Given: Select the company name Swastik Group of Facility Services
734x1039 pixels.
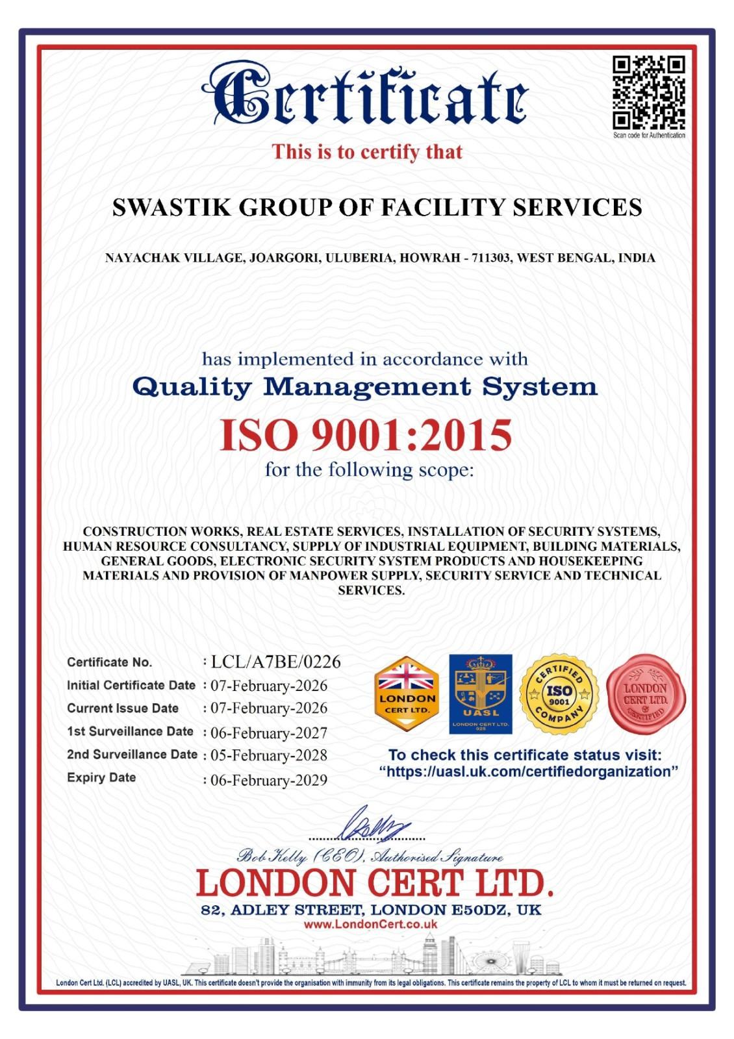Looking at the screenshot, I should point(377,208).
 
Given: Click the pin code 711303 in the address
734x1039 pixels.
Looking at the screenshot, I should point(490,258).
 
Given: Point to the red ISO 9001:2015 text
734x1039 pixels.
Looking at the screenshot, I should point(366,435).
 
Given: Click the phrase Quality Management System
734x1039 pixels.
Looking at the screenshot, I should point(364,387).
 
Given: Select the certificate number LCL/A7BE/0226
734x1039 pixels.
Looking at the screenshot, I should point(275,662).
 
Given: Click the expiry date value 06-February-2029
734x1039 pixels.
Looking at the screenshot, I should point(269,780).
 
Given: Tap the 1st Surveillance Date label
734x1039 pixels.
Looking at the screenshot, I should point(130,731).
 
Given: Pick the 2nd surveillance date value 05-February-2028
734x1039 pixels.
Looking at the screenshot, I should point(269,755).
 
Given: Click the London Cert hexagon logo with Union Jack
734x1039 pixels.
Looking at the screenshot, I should point(407,694).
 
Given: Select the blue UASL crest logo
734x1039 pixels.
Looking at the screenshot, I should point(481,694).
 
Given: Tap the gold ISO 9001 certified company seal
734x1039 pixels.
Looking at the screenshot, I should point(559,694).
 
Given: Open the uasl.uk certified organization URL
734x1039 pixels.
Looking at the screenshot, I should point(529,771).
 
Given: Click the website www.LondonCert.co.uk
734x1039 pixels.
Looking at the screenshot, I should point(370,924).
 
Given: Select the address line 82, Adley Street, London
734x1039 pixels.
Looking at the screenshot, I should point(370,910).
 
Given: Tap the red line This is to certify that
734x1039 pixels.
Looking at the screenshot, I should point(367,152).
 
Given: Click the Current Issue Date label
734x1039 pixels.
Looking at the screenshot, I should point(123,708).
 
